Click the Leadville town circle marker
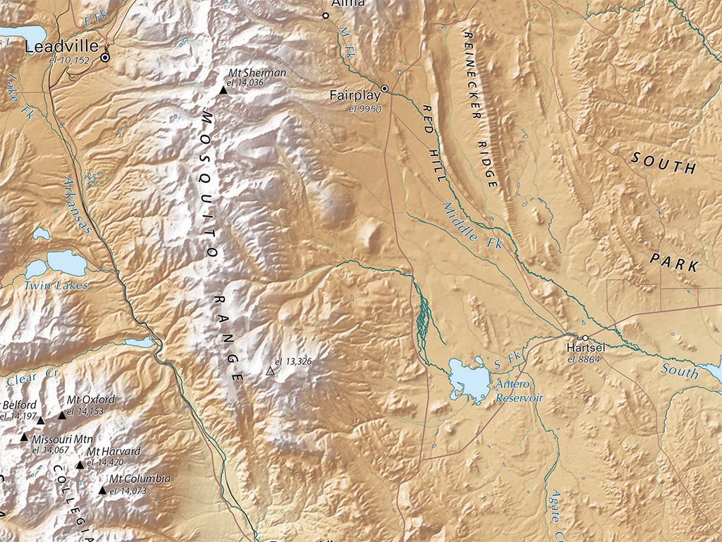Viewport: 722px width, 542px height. [105, 57]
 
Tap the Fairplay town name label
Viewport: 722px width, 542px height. [355, 95]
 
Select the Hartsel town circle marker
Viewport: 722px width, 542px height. [585, 338]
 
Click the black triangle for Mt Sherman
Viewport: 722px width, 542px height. [224, 90]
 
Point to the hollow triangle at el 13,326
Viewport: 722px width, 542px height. [269, 371]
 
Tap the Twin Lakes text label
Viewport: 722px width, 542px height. [56, 286]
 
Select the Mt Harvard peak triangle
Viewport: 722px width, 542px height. [80, 465]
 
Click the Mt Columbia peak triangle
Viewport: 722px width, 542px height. [103, 490]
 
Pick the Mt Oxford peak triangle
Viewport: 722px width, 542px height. [62, 416]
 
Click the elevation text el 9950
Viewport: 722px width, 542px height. [365, 109]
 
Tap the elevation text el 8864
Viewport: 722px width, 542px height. [583, 359]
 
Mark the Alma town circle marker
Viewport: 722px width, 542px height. [326, 15]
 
